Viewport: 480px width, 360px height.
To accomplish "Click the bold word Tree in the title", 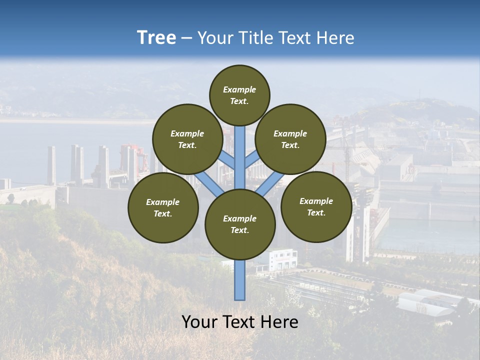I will (x=156, y=38).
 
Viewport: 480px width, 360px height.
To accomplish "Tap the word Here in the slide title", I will (x=334, y=38).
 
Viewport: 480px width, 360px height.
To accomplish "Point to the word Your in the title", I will (x=214, y=38).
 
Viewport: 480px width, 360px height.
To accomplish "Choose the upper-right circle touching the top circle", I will (x=290, y=139).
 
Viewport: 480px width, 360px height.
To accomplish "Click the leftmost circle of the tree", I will (x=163, y=207).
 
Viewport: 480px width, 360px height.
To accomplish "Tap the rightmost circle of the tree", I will (x=316, y=206).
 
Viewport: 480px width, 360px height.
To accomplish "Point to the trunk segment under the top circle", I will (x=240, y=155).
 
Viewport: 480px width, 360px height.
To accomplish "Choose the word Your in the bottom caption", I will (x=198, y=322).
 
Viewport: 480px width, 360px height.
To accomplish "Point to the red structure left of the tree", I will (x=131, y=152).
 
